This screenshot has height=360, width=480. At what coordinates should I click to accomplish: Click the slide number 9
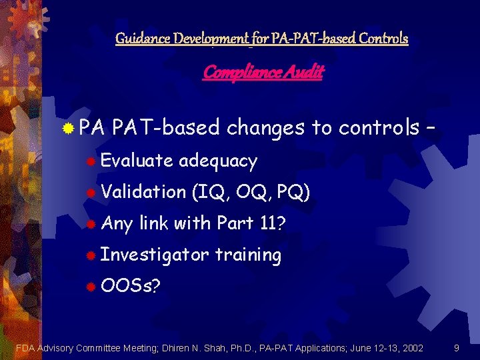pos(456,347)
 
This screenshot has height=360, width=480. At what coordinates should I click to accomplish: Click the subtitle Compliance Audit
pos(263,72)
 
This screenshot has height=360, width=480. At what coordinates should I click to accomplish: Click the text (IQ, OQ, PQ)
pos(249,192)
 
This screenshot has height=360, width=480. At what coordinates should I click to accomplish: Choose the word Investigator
pos(155,255)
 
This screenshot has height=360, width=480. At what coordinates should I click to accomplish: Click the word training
pos(248,255)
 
